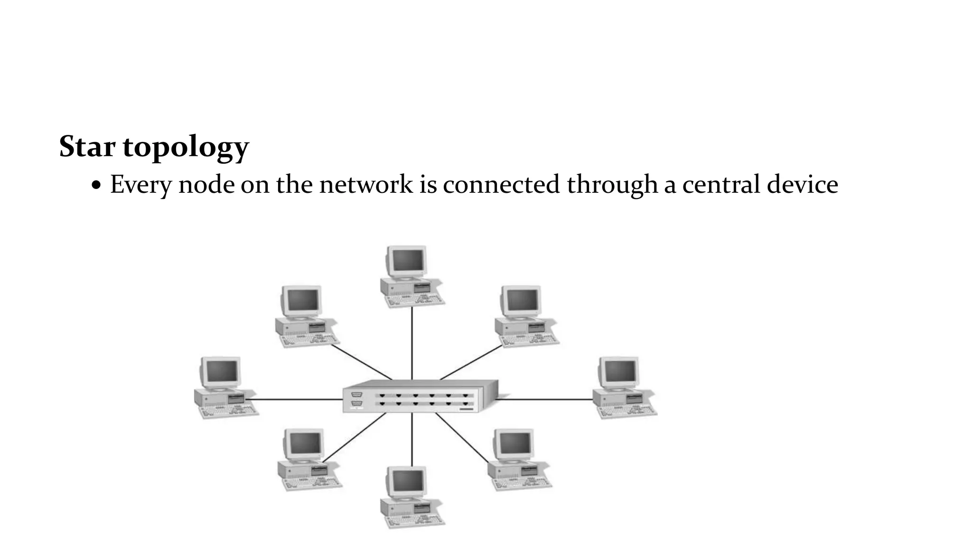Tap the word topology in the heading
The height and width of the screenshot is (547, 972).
pos(186,147)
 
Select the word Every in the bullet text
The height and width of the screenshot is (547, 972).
pos(140,185)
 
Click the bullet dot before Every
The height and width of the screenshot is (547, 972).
pos(96,186)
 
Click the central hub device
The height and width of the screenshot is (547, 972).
pos(421,397)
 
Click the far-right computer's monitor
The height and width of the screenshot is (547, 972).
pos(619,371)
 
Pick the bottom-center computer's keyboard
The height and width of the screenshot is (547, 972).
pos(414,520)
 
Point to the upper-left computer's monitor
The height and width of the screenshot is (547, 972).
pos(302,300)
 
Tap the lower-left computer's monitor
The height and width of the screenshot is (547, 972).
pos(305,443)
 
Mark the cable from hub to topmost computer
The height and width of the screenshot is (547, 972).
pos(411,342)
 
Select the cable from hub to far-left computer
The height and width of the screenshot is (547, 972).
pos(297,399)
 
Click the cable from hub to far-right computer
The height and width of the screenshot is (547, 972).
pos(546,399)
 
